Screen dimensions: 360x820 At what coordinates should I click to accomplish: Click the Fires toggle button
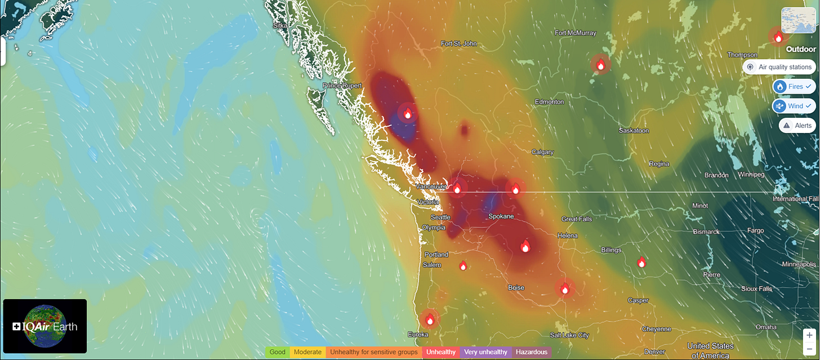click(794, 87)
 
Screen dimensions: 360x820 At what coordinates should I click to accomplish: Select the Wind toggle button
click(794, 106)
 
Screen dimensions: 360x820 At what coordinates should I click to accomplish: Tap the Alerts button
click(797, 125)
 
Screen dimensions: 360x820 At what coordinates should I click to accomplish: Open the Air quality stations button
click(779, 67)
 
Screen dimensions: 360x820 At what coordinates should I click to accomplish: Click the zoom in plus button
click(809, 335)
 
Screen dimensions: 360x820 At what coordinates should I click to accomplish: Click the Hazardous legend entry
click(531, 352)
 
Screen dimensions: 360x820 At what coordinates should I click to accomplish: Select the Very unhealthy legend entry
click(485, 352)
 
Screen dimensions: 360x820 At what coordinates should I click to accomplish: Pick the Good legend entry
click(277, 352)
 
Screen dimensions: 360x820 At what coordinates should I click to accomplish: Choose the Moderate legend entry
click(307, 352)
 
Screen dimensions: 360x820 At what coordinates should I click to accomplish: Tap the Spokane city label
click(500, 216)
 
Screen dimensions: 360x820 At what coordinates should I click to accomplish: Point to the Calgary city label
click(542, 152)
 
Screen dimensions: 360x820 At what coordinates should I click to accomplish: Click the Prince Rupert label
click(341, 86)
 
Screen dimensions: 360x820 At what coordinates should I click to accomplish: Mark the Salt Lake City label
click(570, 335)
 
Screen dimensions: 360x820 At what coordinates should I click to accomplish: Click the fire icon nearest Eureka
click(430, 319)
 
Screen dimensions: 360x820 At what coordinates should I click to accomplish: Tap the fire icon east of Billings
click(641, 262)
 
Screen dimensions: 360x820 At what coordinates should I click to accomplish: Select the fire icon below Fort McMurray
click(600, 64)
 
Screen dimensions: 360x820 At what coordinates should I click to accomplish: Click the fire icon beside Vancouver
click(457, 188)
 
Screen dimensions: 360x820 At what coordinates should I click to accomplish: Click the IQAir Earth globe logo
click(45, 326)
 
